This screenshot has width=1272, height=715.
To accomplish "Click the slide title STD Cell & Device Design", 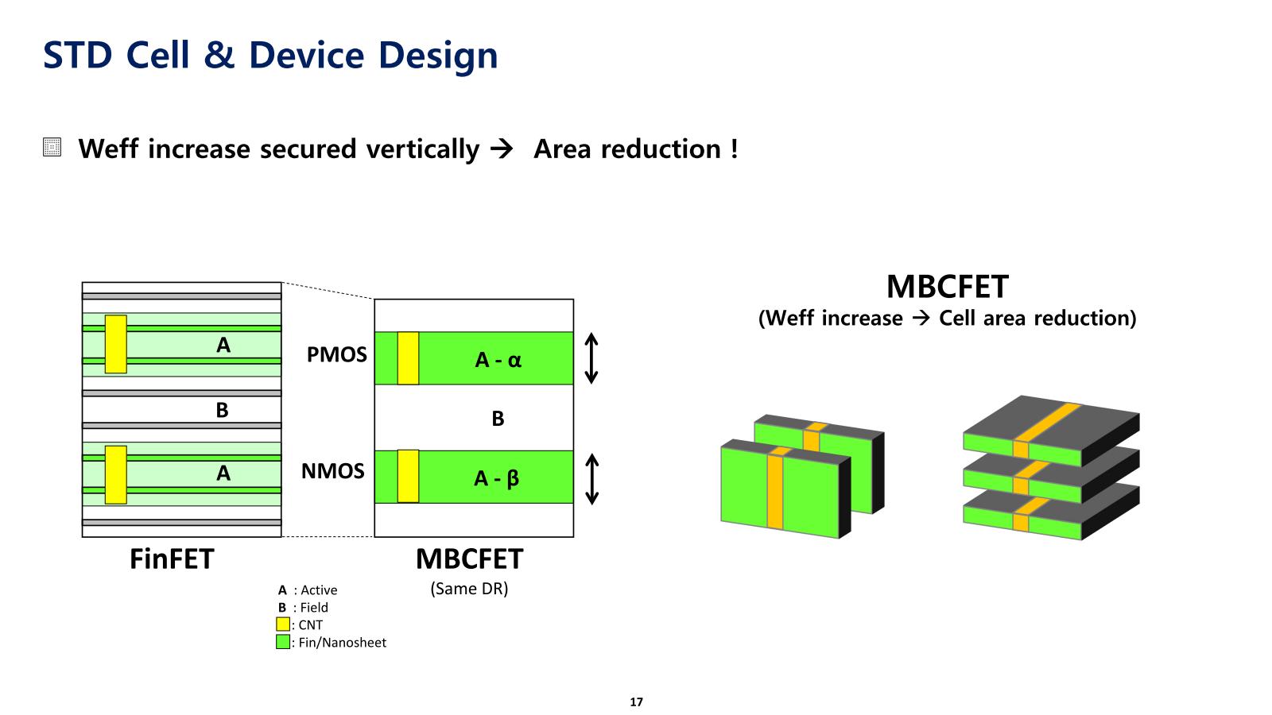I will (x=270, y=56).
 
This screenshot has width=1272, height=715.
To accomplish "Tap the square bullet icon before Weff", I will (x=52, y=148).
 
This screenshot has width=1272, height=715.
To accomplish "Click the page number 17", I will (x=636, y=702).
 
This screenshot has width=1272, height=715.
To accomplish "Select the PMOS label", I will (x=337, y=354).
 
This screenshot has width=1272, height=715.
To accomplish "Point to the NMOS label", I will (x=332, y=471).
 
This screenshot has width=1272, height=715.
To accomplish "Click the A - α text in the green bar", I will (x=498, y=360).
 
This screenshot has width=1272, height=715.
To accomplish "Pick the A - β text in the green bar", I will (x=497, y=478).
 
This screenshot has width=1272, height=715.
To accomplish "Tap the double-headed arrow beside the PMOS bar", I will (x=591, y=358).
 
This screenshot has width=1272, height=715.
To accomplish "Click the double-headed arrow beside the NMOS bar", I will (x=591, y=479).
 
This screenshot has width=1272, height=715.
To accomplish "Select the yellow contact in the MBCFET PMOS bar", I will (x=408, y=358).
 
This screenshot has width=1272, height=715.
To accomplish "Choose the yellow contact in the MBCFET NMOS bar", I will (x=408, y=476).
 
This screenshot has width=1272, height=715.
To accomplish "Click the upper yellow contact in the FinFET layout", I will (x=116, y=344).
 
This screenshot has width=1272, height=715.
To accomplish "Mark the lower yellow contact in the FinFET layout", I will (x=116, y=474).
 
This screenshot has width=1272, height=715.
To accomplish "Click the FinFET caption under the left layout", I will (x=172, y=559).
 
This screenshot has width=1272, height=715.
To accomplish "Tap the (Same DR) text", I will (x=469, y=589).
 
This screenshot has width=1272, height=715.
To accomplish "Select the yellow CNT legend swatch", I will (x=283, y=624).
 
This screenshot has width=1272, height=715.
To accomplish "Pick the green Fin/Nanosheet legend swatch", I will (x=283, y=642).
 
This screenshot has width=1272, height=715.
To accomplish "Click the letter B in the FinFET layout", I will (x=222, y=410).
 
